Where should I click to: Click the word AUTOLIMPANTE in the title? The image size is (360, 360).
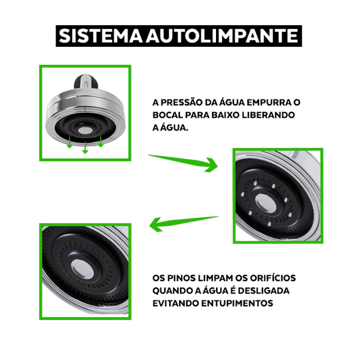click(222, 36)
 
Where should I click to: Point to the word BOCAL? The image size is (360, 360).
click(168, 115)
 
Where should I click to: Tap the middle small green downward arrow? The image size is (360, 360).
click(85, 147)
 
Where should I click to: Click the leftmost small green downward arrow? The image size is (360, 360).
click(69, 142)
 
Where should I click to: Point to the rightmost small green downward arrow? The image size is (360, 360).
click(101, 140)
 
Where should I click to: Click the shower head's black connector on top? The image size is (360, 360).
click(86, 81)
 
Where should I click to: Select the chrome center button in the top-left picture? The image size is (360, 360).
click(85, 131)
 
